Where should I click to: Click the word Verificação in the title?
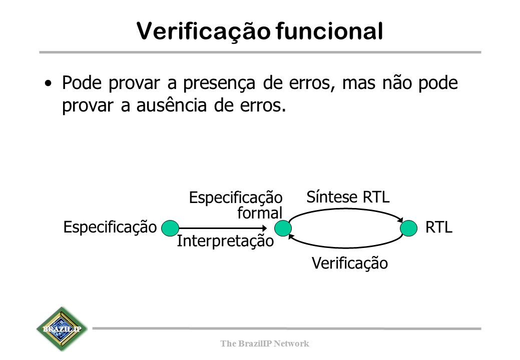204,32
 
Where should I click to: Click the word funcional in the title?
330,31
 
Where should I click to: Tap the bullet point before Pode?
49,83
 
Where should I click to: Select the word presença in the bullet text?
219,83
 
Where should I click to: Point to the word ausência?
172,105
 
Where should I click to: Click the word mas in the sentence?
359,83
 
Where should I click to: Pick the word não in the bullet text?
397,83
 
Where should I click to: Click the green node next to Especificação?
170,228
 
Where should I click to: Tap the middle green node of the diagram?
283,228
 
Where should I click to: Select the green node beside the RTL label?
408,228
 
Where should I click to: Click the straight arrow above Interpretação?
223,228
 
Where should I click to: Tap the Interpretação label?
226,241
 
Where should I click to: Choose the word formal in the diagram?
260,212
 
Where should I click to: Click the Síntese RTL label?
348,197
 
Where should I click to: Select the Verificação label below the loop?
350,263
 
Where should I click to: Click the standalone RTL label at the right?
439,227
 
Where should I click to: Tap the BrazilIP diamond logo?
62,329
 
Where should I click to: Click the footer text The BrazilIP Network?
265,343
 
